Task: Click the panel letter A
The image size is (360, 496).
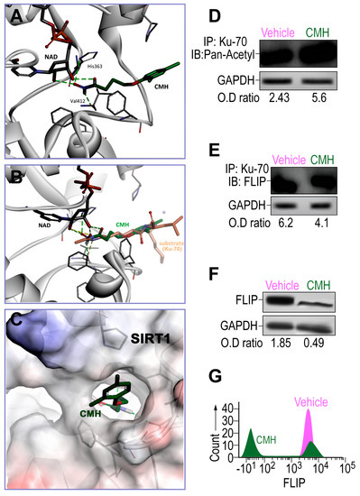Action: point(15,17)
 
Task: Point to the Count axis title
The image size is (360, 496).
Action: point(214,434)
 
